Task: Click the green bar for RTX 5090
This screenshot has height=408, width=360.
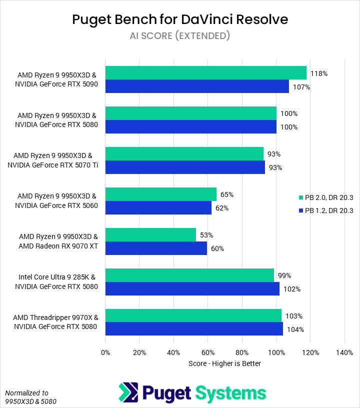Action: point(205,73)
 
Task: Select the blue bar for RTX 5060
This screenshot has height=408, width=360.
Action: point(158,208)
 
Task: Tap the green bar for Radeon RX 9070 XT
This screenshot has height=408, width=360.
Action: point(150,235)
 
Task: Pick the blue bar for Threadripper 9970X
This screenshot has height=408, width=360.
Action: point(194,329)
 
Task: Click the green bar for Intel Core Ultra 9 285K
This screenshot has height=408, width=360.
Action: point(189,275)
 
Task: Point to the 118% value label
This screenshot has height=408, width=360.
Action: point(319,73)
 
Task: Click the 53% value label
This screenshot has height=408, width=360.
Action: point(206,235)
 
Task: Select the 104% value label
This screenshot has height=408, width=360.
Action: point(295,329)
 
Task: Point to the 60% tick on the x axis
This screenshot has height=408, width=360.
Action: point(208,352)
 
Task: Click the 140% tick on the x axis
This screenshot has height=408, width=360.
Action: point(344,352)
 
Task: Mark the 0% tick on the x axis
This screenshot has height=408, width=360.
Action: point(105,352)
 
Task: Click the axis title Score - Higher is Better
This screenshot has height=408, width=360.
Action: point(224,363)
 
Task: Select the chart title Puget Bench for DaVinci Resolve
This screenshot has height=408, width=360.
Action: point(180,19)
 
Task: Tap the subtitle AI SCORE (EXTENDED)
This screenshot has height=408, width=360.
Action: point(180,35)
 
